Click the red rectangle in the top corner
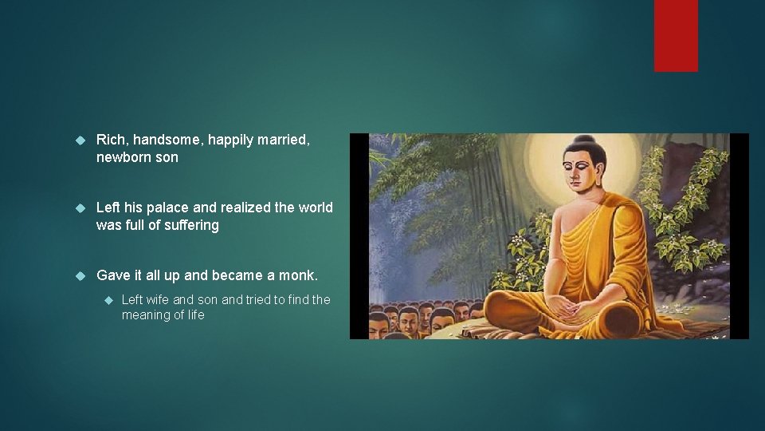pyautogui.click(x=676, y=35)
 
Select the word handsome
pyautogui.click(x=168, y=140)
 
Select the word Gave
pyautogui.click(x=113, y=275)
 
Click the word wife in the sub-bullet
pyautogui.click(x=157, y=299)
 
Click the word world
pyautogui.click(x=316, y=208)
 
